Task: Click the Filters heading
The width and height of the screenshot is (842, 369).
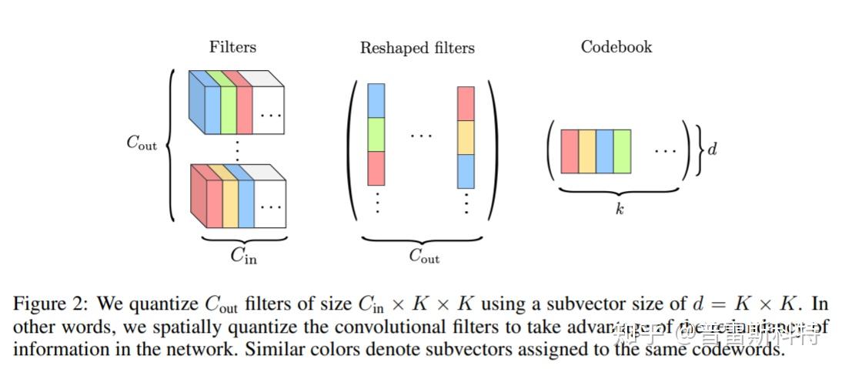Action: [232, 47]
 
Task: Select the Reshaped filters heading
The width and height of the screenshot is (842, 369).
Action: [417, 48]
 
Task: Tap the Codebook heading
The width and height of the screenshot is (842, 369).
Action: [616, 47]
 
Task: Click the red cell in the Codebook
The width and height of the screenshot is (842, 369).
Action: [570, 152]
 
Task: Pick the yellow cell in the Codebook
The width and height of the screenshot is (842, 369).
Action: [587, 152]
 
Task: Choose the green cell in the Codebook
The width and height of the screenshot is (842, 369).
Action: [622, 152]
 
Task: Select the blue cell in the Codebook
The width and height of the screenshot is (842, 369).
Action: [605, 152]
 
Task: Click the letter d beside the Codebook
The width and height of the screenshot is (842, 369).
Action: [712, 149]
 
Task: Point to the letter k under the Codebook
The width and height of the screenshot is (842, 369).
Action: [620, 209]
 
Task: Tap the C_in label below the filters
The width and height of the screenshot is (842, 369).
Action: [244, 257]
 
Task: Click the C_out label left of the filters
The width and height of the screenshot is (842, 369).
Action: [142, 143]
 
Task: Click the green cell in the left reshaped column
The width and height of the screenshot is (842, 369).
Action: [376, 135]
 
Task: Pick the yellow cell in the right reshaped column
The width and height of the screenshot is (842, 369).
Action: [466, 138]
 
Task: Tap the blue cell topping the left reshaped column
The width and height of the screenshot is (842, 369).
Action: [376, 100]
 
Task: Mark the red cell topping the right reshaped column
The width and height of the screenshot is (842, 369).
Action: [466, 103]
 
